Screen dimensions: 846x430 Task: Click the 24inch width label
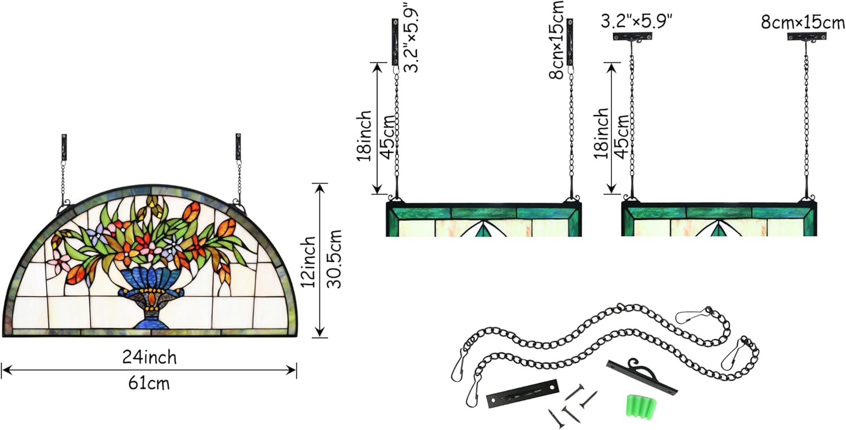coord(149,357)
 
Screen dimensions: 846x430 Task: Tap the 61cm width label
coord(149,384)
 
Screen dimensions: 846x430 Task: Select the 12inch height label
coord(308,262)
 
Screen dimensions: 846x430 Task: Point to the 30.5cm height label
coord(334,259)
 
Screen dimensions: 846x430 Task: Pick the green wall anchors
coord(641,405)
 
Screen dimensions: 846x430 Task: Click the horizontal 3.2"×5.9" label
coord(637,21)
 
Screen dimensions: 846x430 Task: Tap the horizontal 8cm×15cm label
coord(803,23)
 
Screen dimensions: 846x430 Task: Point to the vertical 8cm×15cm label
coord(556,40)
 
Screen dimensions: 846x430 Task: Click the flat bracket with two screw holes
coord(523,393)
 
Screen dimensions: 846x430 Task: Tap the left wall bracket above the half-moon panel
coord(64,147)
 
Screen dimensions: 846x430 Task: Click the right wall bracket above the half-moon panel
coord(239,147)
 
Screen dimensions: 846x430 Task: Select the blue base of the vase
coord(149,322)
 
